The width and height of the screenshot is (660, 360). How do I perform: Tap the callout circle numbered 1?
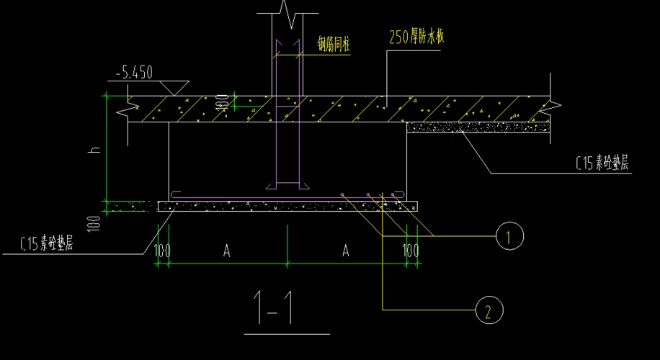(509, 235)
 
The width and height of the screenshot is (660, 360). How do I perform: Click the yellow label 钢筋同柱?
(334, 44)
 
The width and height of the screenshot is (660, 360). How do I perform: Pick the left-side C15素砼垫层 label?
(47, 244)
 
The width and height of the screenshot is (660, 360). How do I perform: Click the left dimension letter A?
(226, 251)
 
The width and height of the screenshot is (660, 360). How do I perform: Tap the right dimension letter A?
(346, 251)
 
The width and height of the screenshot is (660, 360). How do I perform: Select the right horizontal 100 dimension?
(411, 251)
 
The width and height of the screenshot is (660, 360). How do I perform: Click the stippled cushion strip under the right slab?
(479, 127)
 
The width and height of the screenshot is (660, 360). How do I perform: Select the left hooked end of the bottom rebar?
(175, 194)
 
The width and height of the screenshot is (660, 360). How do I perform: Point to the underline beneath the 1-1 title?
(287, 334)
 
